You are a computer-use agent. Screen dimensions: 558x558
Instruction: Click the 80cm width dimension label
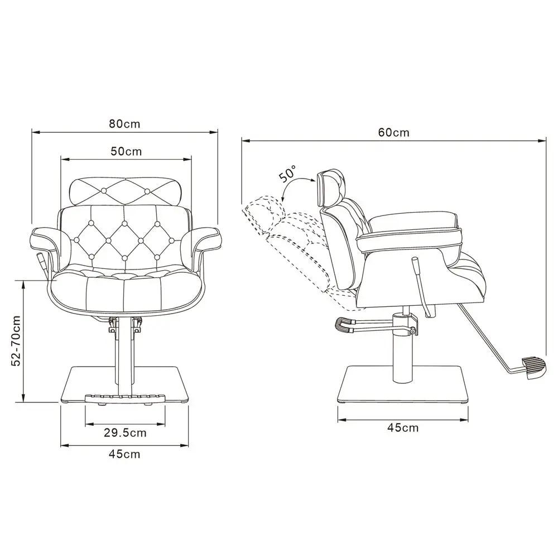pos(124,124)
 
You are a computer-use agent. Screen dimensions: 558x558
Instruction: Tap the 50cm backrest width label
pos(126,151)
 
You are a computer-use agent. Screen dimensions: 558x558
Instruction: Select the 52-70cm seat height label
pos(16,340)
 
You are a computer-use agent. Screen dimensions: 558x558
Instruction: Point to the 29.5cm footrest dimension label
pos(125,433)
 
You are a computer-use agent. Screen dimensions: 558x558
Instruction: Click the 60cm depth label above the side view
pos(393,132)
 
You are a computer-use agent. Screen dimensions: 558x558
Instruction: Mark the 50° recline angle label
pos(287,174)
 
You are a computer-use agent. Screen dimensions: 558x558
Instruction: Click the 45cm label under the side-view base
pos(403,427)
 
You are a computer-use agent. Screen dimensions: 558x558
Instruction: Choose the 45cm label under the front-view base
pos(124,454)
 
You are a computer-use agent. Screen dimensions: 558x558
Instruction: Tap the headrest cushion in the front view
pos(125,191)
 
